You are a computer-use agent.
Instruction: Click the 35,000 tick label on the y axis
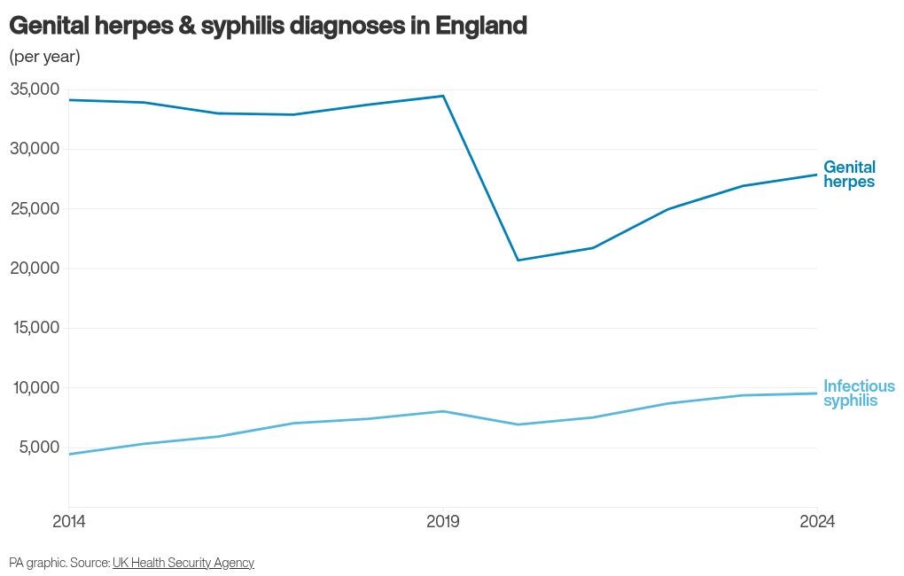click(x=35, y=89)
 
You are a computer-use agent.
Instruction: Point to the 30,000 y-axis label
click(x=35, y=149)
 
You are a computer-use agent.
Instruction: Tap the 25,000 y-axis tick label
click(x=35, y=209)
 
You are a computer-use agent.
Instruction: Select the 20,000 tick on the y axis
click(x=35, y=269)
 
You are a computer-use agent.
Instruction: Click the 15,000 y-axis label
click(x=35, y=328)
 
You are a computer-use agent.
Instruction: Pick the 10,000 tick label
click(x=35, y=387)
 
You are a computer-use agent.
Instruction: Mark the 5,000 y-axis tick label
click(x=39, y=447)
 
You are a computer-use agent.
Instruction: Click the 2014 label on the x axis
click(x=68, y=522)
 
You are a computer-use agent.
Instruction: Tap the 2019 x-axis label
click(x=443, y=522)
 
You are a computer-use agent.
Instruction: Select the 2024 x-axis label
click(x=817, y=522)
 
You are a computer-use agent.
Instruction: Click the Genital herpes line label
click(x=849, y=174)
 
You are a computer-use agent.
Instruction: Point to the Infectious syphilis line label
click(x=859, y=393)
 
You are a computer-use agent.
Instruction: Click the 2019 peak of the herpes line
click(x=443, y=96)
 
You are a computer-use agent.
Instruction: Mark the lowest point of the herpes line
click(x=518, y=260)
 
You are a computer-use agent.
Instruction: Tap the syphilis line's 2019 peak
click(x=443, y=411)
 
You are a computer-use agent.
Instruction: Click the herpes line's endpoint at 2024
click(x=817, y=175)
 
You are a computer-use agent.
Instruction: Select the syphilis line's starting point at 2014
click(x=68, y=455)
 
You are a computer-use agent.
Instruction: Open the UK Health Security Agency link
click(x=183, y=563)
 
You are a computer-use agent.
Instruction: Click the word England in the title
click(x=481, y=26)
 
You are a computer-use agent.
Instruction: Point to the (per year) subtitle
click(x=44, y=57)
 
